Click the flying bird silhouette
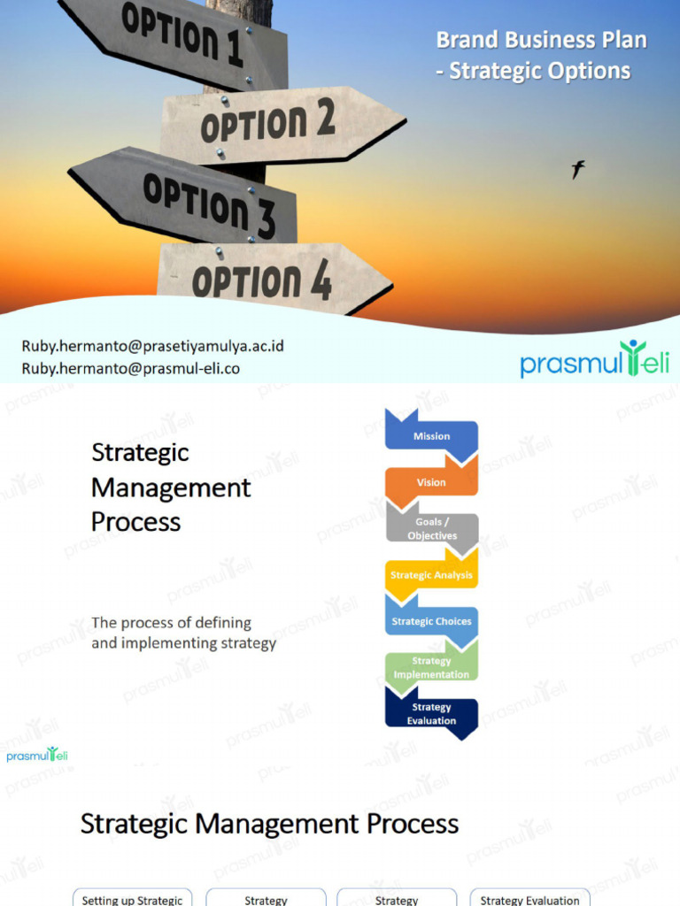[577, 169]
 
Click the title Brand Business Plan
[541, 40]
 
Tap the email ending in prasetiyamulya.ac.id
[152, 346]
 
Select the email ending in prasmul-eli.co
[130, 368]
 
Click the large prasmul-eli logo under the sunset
[594, 360]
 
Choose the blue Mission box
[431, 435]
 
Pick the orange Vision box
[431, 482]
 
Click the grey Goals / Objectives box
[432, 529]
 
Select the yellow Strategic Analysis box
[431, 575]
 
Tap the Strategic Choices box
[431, 621]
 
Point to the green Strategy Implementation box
[431, 668]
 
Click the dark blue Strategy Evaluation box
[431, 714]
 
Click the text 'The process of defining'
[171, 623]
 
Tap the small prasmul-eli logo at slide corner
[37, 755]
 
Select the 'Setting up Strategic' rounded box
[132, 898]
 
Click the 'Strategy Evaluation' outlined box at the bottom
[529, 898]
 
